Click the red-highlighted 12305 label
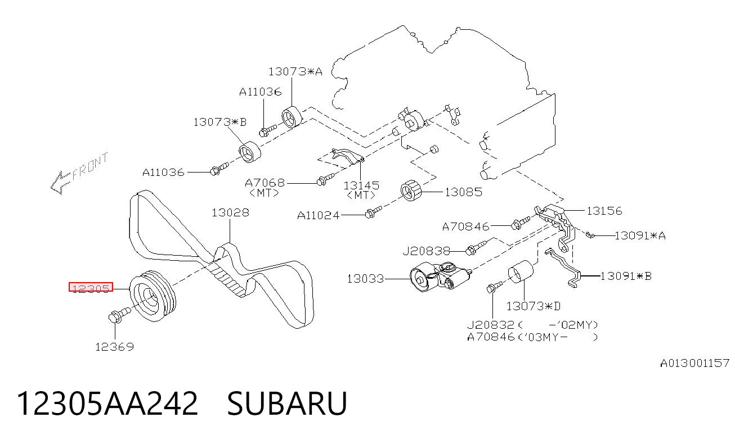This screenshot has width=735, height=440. pos(91,287)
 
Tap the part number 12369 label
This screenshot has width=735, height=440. pos(114,347)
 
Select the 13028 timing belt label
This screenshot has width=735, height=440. pos(230,212)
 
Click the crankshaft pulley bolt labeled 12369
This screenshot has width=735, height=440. pos(119,315)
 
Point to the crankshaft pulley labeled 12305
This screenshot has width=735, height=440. pos(153,296)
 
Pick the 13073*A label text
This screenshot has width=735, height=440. pos(295,71)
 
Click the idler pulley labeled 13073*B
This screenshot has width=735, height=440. pos(249,152)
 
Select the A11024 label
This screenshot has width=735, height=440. pos(319,215)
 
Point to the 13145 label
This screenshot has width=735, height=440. pos(361,185)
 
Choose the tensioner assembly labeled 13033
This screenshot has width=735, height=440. pos(440,276)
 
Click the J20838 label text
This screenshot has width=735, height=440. pos(426,251)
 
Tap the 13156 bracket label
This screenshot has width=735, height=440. pos(604,211)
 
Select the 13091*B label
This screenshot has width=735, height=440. pos(626,276)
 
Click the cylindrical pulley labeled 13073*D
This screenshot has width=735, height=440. pos(521,271)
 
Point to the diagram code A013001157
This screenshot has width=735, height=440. pos(694,363)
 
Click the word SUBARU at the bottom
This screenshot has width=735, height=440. pos(287,403)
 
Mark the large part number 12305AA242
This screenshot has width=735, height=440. pos(107,403)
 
